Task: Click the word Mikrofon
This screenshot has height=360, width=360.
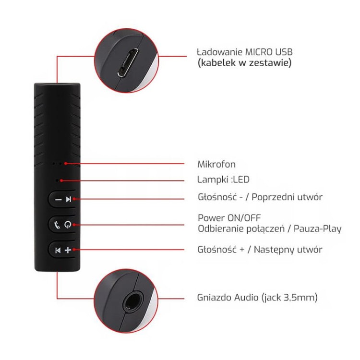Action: [216, 164]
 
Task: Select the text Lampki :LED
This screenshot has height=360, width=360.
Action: [223, 180]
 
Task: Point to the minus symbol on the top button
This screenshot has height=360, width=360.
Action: [59, 200]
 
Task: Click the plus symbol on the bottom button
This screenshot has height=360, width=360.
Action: [68, 250]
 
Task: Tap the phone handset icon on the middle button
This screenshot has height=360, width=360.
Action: [57, 225]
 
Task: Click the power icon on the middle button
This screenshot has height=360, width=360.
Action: [68, 225]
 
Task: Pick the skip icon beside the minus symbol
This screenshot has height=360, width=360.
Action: [69, 199]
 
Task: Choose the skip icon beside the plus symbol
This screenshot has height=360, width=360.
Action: [58, 250]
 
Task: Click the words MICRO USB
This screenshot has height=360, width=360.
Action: [269, 52]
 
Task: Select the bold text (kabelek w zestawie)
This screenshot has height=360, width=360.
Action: [244, 63]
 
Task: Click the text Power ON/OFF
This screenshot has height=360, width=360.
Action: [229, 218]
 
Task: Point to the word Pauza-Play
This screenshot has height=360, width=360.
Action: [317, 228]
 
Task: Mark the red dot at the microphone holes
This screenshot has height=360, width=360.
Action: [66, 164]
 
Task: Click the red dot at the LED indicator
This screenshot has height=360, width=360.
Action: [61, 180]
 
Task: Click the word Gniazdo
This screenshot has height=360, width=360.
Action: [215, 298]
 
